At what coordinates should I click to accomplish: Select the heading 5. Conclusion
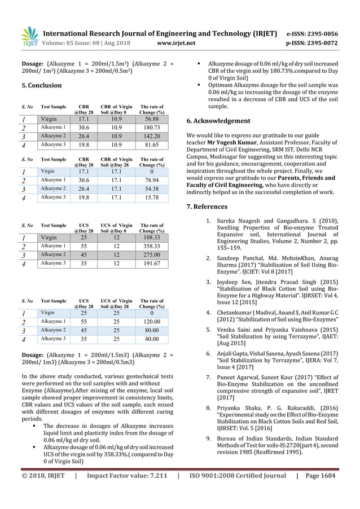point(41,86)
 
